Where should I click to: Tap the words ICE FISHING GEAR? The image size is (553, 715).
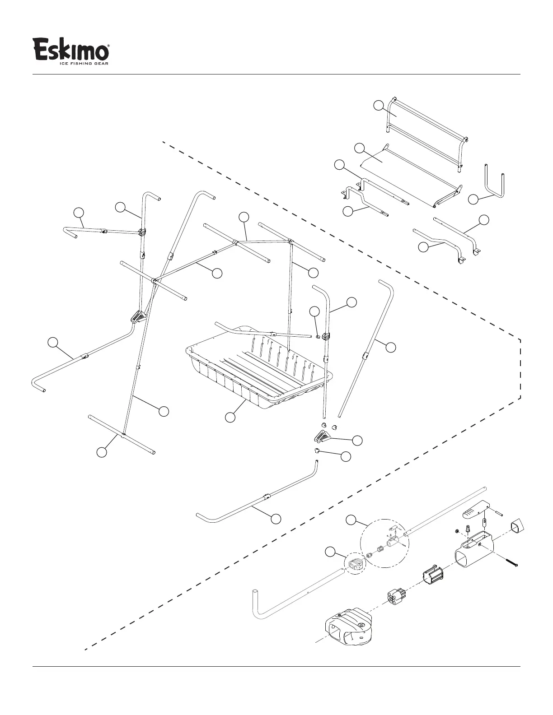tap(84, 63)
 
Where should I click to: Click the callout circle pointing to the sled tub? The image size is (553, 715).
tap(230, 418)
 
